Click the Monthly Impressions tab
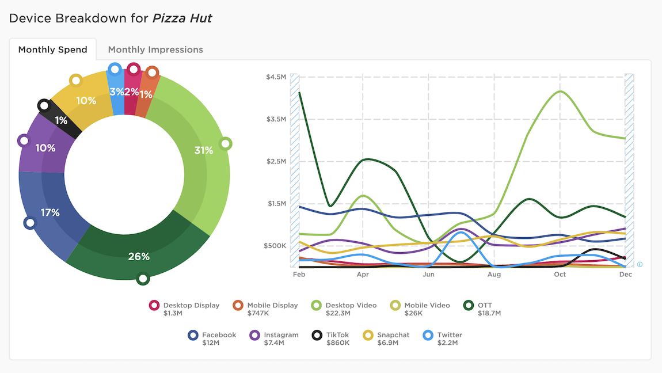click(155, 50)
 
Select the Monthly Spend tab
click(52, 50)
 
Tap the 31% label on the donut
click(204, 150)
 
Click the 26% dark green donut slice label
click(139, 256)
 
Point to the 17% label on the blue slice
click(50, 212)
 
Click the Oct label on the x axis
click(560, 275)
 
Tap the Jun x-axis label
click(428, 275)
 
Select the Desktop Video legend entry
click(351, 306)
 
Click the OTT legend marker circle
click(469, 306)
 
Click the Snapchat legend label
click(393, 335)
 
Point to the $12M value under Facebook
click(211, 343)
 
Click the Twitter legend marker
click(428, 335)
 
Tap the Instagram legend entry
click(281, 335)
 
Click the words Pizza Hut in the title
click(182, 18)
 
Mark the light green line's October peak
click(560, 92)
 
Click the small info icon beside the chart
click(640, 264)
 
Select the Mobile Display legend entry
click(272, 306)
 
